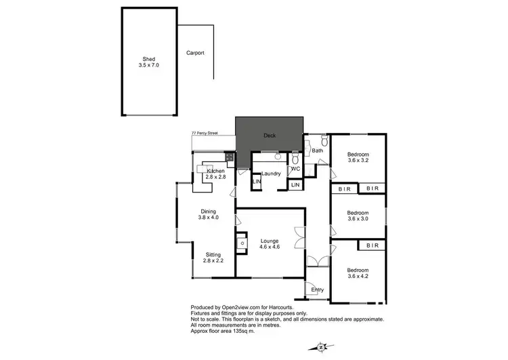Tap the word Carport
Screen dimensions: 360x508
(195, 52)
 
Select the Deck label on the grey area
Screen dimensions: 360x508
(269, 135)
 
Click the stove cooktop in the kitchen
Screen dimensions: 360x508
(230, 157)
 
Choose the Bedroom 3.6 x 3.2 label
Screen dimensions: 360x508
(358, 157)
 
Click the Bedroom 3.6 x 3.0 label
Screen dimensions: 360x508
(358, 216)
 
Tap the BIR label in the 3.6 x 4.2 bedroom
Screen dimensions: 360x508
(372, 245)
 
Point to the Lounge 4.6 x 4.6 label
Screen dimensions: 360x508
(269, 243)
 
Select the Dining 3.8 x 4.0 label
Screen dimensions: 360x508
(207, 215)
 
